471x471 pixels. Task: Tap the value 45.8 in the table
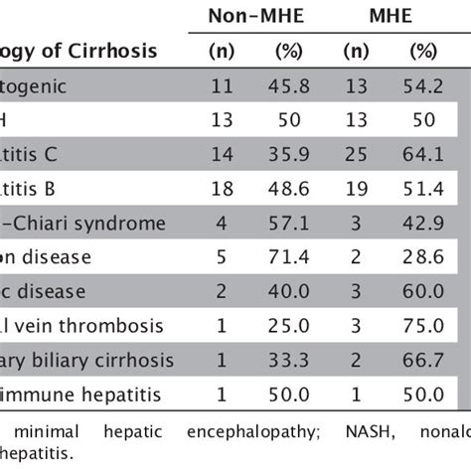tap(287, 86)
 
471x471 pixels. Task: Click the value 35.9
tap(287, 156)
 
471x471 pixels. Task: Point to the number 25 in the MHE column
tap(356, 156)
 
